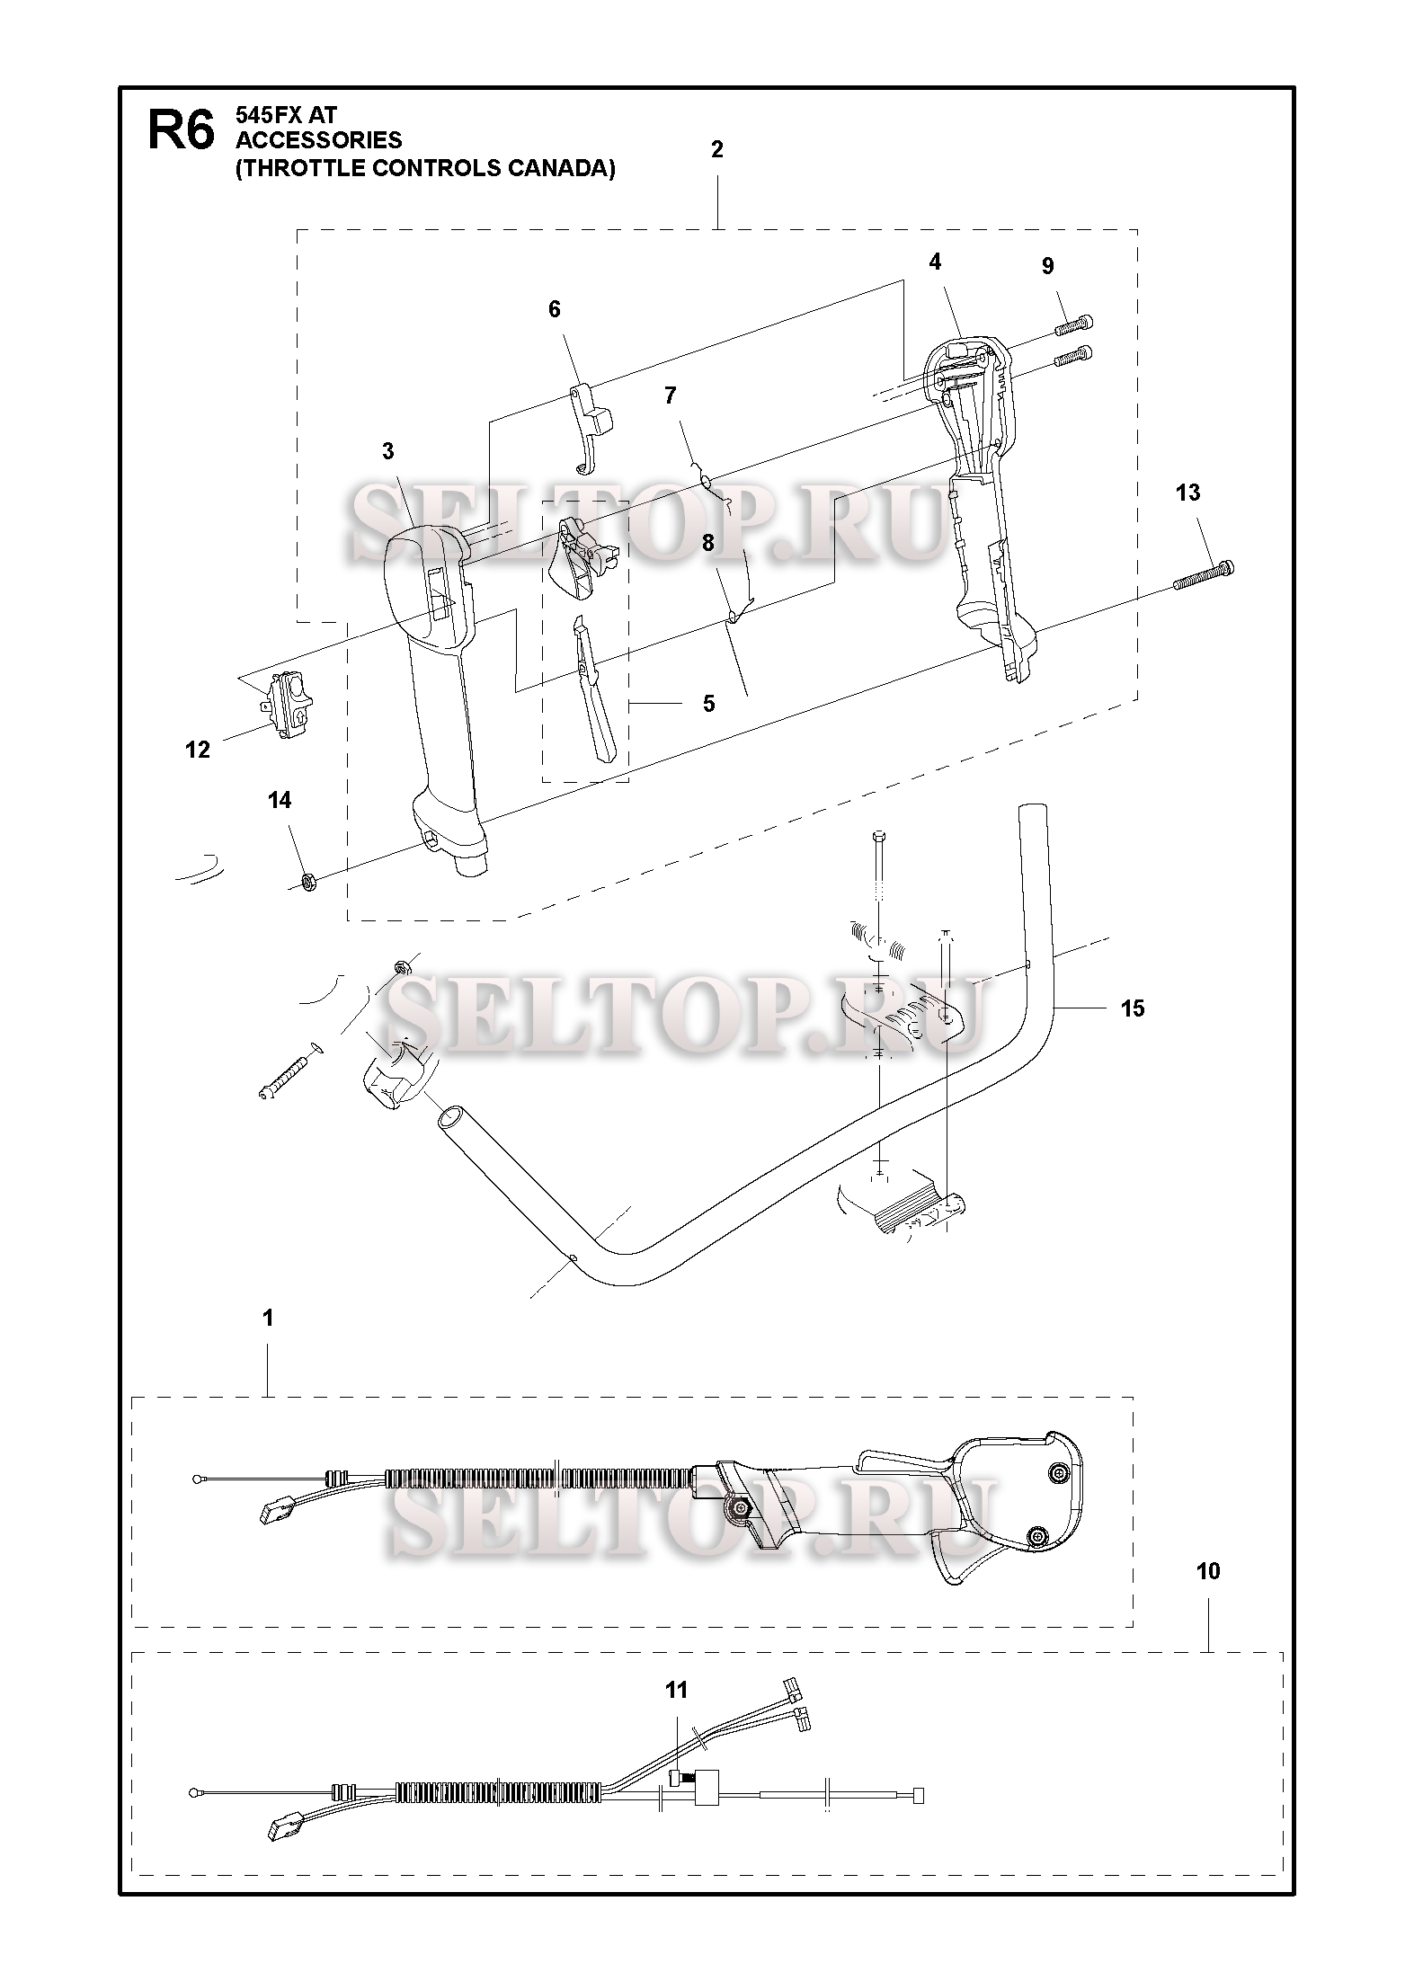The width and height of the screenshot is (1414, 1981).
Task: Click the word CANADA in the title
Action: [560, 168]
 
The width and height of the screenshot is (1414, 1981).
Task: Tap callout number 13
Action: [1187, 493]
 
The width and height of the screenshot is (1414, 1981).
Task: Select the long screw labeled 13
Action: [1203, 575]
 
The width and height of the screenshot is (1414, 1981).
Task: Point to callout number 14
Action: [280, 800]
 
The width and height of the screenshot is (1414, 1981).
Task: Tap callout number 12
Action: [197, 750]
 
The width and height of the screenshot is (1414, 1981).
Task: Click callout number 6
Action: [554, 309]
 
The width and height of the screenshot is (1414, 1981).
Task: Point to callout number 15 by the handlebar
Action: [1133, 1008]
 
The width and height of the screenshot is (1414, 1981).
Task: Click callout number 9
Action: [1048, 266]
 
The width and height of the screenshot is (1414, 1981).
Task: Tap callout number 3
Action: [387, 451]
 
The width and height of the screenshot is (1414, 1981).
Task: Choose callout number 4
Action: [935, 262]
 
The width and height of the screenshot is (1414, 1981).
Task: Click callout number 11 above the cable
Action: [676, 1691]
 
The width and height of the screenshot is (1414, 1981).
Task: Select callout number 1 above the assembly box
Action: [267, 1318]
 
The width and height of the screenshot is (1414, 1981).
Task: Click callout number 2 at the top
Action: [716, 149]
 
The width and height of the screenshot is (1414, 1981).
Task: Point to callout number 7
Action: [670, 395]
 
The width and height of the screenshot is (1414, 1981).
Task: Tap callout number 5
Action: [708, 704]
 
